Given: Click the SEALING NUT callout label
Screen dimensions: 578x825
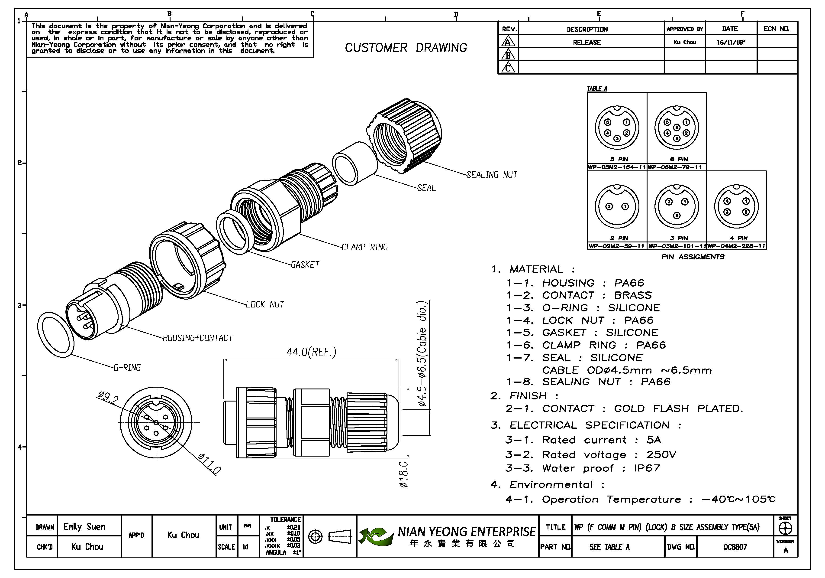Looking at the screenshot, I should [492, 175].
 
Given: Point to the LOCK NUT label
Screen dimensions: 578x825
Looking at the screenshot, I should [265, 305].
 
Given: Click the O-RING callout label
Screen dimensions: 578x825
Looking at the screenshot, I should [127, 368].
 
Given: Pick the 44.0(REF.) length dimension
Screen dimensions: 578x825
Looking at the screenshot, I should [311, 352].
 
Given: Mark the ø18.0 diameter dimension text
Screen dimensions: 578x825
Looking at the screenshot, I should [404, 474].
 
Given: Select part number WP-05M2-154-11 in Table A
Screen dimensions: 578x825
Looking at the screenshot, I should [617, 167].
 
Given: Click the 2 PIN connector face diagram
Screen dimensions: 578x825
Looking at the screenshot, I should [617, 206].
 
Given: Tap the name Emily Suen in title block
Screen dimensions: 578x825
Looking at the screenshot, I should [85, 527].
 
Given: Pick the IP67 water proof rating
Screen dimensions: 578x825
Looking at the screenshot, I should [647, 468].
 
